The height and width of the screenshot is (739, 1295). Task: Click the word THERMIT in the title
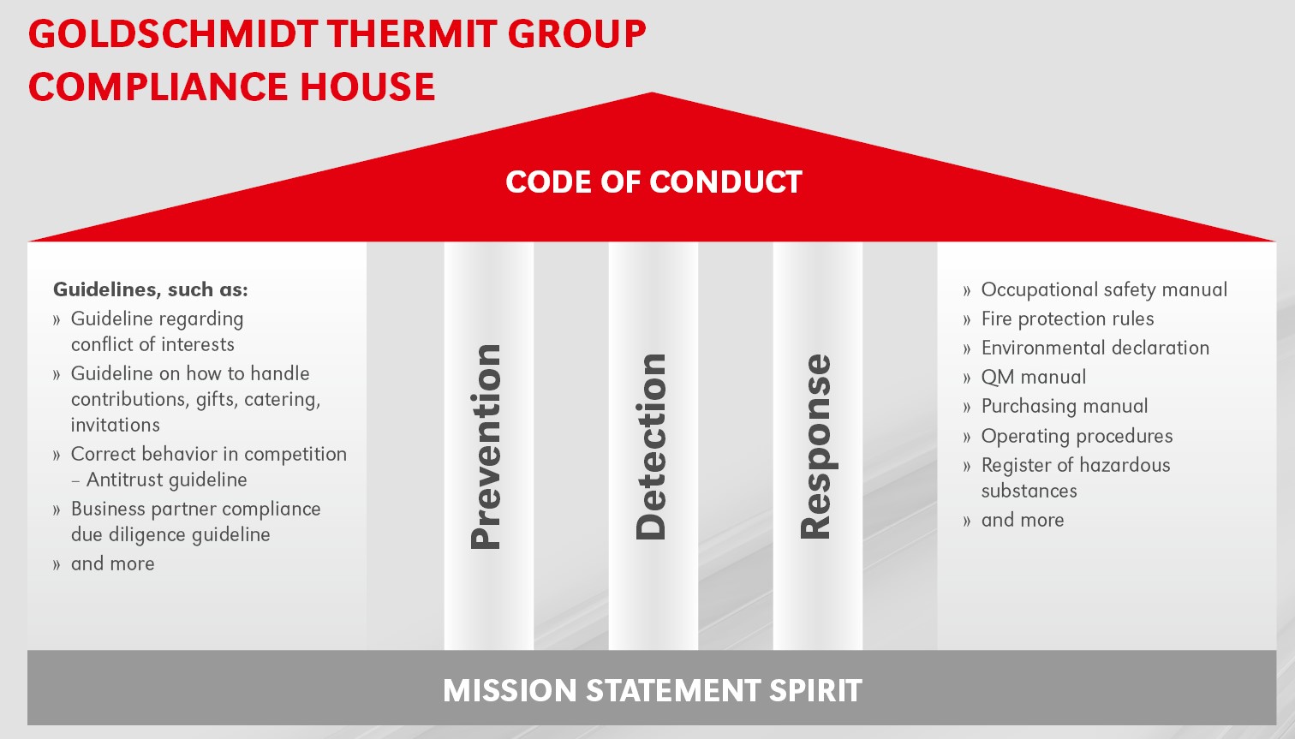(x=412, y=33)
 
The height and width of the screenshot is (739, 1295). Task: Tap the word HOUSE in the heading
(x=367, y=86)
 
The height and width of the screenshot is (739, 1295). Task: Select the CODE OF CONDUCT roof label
(x=653, y=182)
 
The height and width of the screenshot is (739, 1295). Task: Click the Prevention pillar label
(x=486, y=447)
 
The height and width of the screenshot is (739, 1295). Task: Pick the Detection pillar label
(x=651, y=447)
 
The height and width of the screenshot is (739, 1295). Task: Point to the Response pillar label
(x=816, y=447)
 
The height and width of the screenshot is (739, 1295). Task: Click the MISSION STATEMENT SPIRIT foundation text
(x=652, y=690)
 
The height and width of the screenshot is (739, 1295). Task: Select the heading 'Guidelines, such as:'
(x=151, y=289)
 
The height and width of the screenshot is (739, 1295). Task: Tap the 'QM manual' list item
(x=1034, y=377)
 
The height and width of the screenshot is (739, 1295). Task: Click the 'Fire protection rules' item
(x=1067, y=319)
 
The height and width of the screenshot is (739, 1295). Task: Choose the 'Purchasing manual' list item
(x=1065, y=406)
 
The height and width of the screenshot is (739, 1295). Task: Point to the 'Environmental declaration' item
(x=1095, y=348)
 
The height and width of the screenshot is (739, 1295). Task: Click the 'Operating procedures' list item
(x=1077, y=436)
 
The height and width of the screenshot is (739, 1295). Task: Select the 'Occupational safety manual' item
(x=1104, y=289)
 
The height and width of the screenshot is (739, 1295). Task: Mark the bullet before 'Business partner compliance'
(x=56, y=510)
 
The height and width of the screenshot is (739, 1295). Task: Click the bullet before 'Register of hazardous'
(x=967, y=466)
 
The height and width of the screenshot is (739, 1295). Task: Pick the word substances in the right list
(x=1029, y=491)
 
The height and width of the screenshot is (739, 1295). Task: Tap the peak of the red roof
(x=652, y=92)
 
